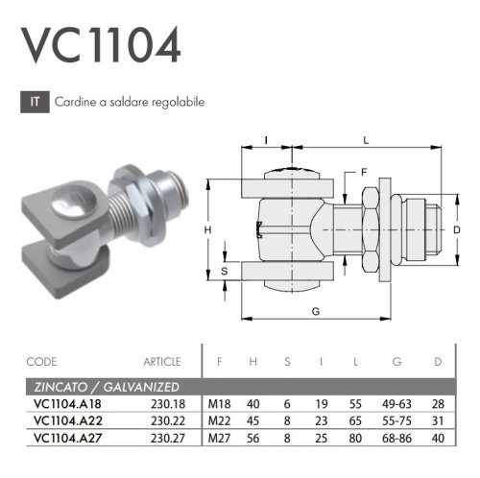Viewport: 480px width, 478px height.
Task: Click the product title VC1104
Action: pos(100,44)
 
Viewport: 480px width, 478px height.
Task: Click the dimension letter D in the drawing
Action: pos(457,229)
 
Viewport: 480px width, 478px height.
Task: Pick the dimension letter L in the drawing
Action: pos(366,140)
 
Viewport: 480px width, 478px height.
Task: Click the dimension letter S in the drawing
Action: pos(224,271)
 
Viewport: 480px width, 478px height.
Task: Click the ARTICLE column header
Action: pos(161,362)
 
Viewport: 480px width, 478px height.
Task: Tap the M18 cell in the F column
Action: pos(220,404)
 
